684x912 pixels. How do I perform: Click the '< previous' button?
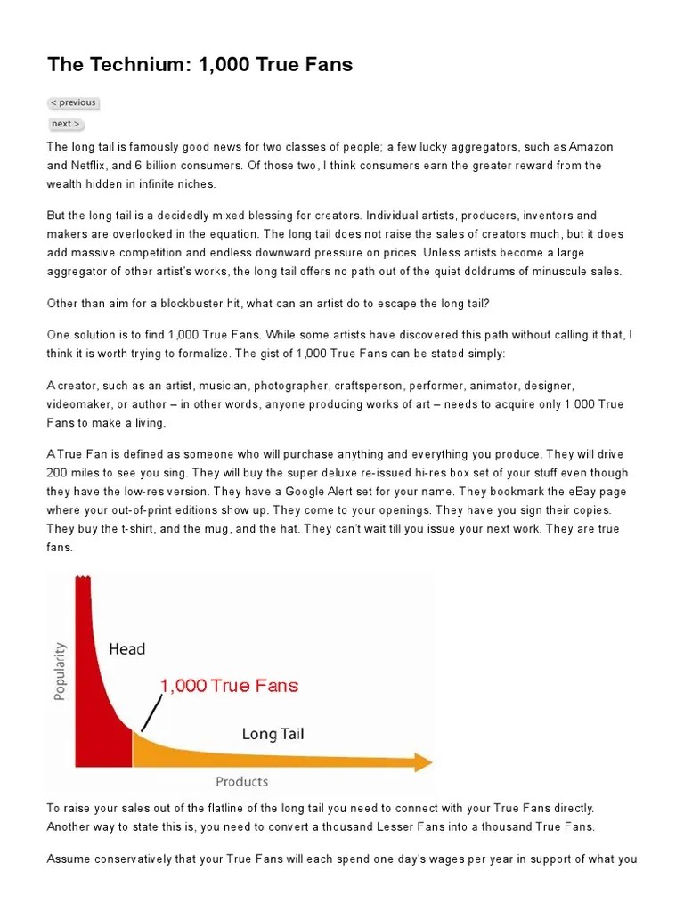73,102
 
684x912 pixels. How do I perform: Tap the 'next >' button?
66,124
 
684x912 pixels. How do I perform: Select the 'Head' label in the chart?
126,648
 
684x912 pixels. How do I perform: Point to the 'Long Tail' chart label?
273,734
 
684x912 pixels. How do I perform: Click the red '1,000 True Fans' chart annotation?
229,686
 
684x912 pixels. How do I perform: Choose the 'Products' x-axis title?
241,781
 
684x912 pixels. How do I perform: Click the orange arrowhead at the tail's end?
422,762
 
